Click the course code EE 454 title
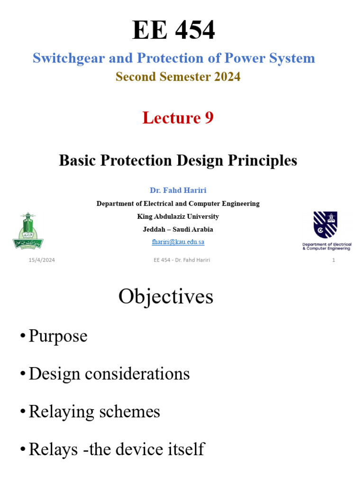tap(173, 31)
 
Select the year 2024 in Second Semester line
tap(226, 77)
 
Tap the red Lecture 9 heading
tap(178, 118)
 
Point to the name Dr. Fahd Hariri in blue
tap(178, 190)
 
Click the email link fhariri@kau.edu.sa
tap(178, 242)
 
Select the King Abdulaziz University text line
tap(178, 216)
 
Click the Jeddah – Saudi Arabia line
tap(178, 229)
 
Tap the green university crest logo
tap(28, 231)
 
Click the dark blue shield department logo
tap(326, 225)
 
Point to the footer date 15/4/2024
tap(41, 260)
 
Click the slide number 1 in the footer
tap(334, 260)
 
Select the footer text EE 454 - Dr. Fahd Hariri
tap(182, 260)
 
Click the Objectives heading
tap(165, 297)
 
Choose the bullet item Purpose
tap(58, 336)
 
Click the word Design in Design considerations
tap(54, 374)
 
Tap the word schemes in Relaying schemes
tap(133, 412)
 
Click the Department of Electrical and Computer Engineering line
tap(178, 204)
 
